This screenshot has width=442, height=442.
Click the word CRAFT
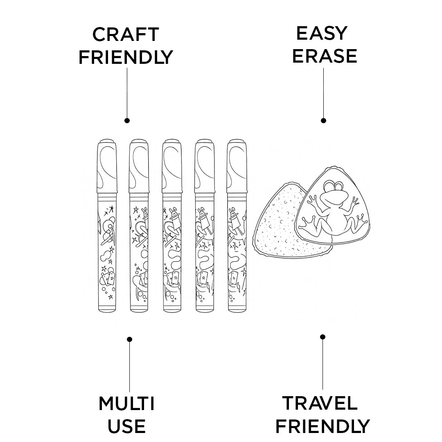126,35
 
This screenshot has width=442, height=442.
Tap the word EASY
322,34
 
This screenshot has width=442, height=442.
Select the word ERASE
325,56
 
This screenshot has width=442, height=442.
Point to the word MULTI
126,404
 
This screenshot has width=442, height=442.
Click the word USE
126,426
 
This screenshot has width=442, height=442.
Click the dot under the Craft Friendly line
127,120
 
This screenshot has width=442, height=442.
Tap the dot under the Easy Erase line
323,120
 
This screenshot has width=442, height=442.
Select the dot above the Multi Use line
130,339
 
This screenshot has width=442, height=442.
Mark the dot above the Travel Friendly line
322,337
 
